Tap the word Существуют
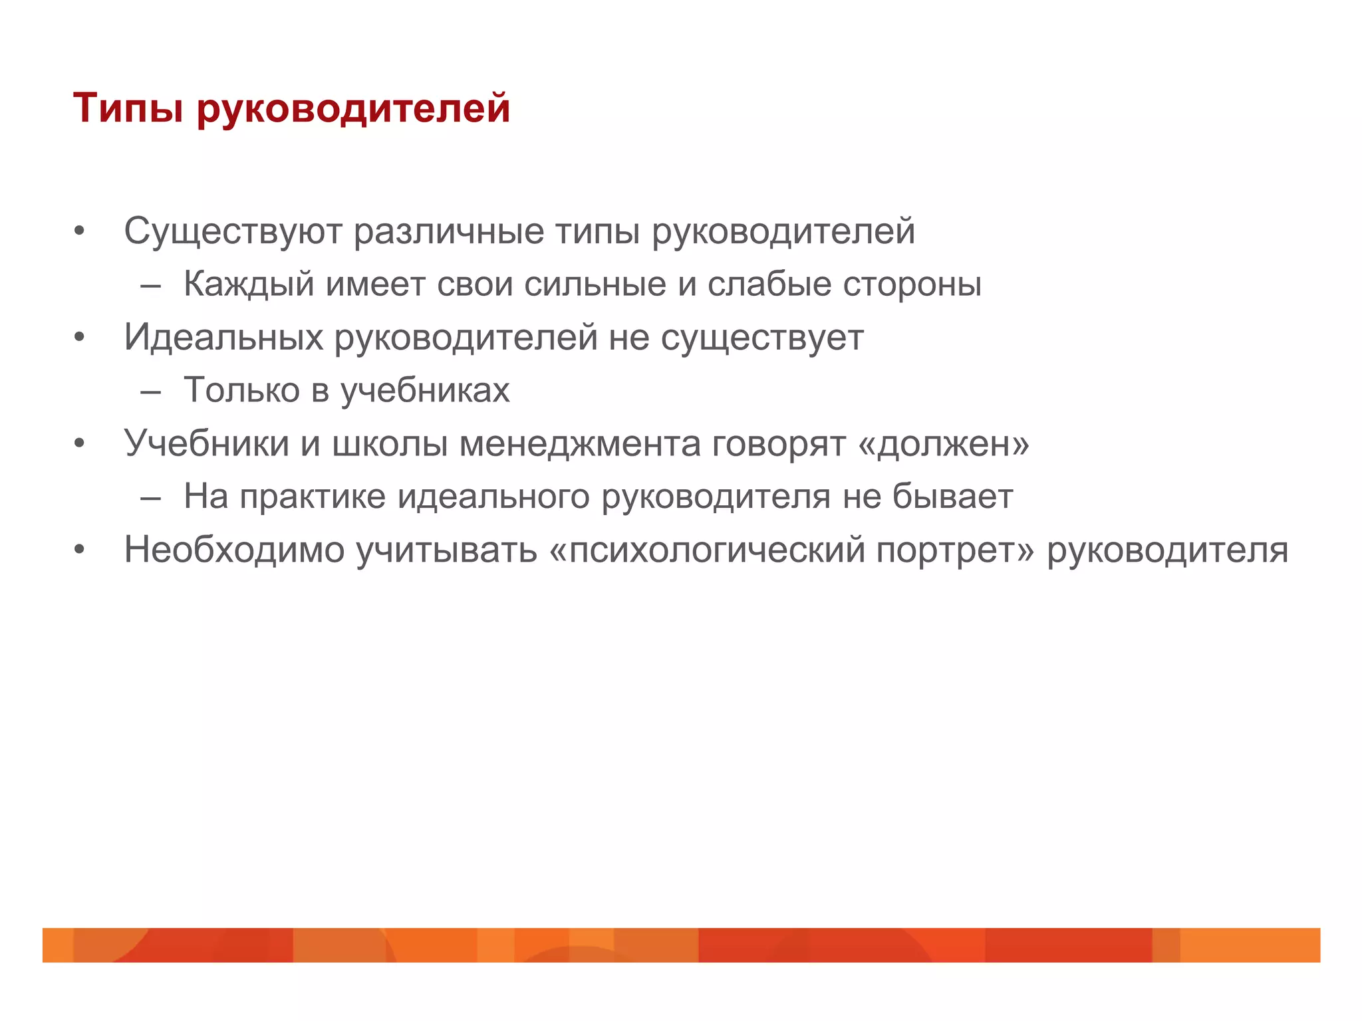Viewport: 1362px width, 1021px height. (233, 231)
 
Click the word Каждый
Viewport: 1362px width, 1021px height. (249, 284)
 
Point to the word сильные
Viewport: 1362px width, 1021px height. (595, 284)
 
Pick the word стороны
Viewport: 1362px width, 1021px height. (912, 284)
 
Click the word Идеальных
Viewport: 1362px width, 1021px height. (223, 337)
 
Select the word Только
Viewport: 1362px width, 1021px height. (241, 390)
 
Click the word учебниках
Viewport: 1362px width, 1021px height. (425, 390)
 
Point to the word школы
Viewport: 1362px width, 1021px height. (389, 443)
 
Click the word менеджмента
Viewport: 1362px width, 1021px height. (580, 443)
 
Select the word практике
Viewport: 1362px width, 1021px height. (313, 497)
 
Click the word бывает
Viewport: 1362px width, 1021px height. (952, 497)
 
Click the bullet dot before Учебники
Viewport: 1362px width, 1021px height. (80, 443)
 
